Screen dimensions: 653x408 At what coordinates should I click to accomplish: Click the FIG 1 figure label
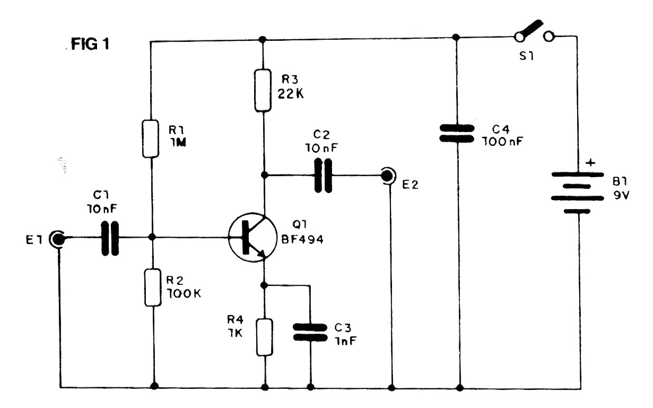[90, 45]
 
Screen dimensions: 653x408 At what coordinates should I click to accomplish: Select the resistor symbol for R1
[151, 138]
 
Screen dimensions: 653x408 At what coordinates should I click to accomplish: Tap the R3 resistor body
[263, 90]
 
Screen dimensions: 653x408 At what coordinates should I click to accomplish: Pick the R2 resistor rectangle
[153, 287]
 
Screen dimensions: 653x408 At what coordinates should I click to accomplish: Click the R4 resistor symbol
[265, 337]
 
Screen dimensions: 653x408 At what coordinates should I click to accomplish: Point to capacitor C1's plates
[110, 238]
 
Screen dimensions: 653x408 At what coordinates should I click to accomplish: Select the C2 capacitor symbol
[323, 176]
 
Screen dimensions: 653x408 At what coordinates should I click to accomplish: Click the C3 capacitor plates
[310, 332]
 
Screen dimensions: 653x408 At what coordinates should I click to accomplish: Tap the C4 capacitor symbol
[457, 133]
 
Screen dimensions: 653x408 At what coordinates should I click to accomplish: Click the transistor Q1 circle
[253, 237]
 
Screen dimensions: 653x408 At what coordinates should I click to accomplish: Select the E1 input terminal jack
[57, 239]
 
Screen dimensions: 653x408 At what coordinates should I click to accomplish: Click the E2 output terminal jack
[388, 176]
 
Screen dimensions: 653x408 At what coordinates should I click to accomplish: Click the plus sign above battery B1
[590, 162]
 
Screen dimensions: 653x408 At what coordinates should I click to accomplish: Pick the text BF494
[302, 239]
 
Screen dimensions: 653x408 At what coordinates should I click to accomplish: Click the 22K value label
[290, 94]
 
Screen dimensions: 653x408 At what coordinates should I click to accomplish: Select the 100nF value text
[502, 142]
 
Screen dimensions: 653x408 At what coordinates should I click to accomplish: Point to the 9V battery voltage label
[622, 195]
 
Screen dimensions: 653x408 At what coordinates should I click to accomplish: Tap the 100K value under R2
[184, 293]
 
